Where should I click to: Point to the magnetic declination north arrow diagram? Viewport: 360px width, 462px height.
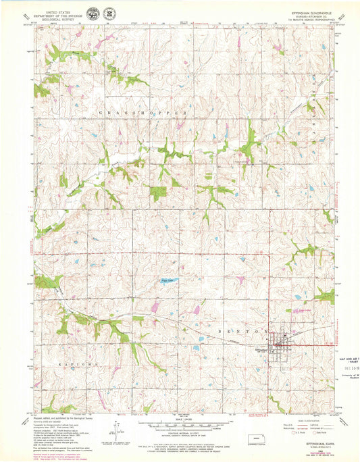click(118, 430)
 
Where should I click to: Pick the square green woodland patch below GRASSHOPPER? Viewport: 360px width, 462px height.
click(158, 192)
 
